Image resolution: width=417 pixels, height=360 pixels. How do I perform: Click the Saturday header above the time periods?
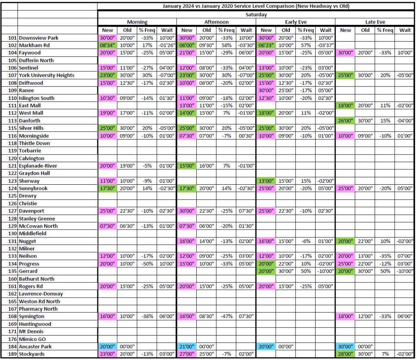[x=256, y=14]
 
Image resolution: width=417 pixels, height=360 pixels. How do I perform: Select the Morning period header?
[x=137, y=22]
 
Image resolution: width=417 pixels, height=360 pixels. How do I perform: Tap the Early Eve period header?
[x=296, y=22]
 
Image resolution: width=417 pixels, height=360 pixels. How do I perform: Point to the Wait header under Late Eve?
[x=405, y=30]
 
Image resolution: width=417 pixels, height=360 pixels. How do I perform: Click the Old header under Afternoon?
[x=207, y=30]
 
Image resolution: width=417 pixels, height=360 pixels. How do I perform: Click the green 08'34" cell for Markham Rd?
[x=108, y=45]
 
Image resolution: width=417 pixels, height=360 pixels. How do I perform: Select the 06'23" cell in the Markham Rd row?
[x=266, y=45]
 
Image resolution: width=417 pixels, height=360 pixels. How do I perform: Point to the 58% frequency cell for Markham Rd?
[x=226, y=45]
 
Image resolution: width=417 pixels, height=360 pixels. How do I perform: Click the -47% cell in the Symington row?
[x=226, y=316]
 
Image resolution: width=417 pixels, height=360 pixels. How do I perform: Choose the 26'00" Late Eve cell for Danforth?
[x=345, y=121]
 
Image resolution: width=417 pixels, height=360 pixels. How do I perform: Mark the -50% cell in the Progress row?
[x=147, y=264]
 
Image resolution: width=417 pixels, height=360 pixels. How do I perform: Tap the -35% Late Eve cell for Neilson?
[x=385, y=256]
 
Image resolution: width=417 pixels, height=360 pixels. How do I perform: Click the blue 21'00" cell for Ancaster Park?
[x=187, y=347]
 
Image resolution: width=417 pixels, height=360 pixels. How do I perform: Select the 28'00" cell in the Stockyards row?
[x=345, y=354]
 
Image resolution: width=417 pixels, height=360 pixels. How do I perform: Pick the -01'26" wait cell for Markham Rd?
[x=167, y=45]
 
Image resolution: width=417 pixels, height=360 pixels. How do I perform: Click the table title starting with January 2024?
[x=256, y=6]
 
